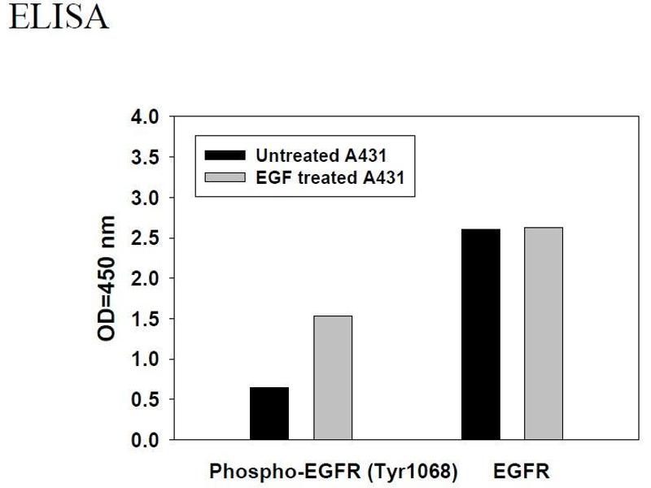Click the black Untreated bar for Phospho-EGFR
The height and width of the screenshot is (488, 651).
[269, 413]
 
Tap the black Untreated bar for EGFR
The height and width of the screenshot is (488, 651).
[481, 334]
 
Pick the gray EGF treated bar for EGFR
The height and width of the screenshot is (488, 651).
[544, 333]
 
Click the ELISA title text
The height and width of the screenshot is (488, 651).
[58, 17]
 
